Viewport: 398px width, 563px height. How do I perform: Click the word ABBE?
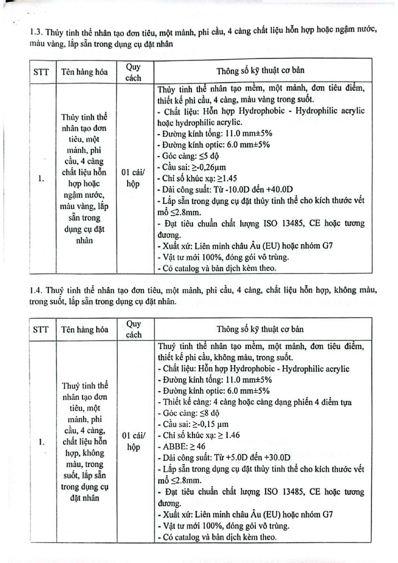170,446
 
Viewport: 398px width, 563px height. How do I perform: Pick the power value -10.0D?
225,190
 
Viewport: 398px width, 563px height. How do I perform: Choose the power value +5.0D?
226,457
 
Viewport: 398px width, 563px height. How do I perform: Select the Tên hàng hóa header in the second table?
84,329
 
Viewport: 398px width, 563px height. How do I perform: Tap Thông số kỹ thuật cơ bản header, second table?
260,329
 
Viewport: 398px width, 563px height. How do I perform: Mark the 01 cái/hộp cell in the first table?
133,179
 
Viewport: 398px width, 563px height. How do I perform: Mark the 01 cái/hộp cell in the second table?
133,441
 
